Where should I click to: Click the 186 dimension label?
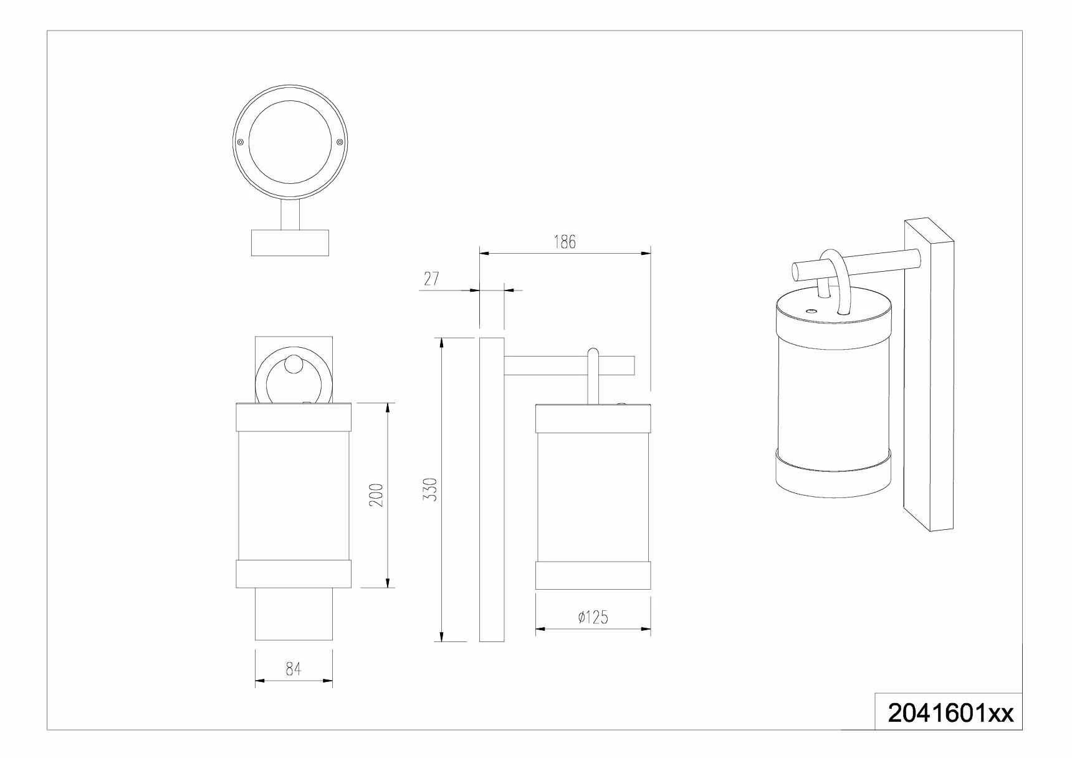coord(565,242)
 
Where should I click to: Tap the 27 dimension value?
coord(431,279)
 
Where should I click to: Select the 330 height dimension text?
coord(431,489)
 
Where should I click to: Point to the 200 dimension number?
coord(376,495)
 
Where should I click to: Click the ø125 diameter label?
coord(593,617)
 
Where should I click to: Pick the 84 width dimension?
coord(294,669)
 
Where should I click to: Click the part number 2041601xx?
coord(950,713)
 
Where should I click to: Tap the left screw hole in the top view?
coord(241,143)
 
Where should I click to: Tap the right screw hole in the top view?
coord(340,143)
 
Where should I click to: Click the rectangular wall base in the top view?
coord(290,242)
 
